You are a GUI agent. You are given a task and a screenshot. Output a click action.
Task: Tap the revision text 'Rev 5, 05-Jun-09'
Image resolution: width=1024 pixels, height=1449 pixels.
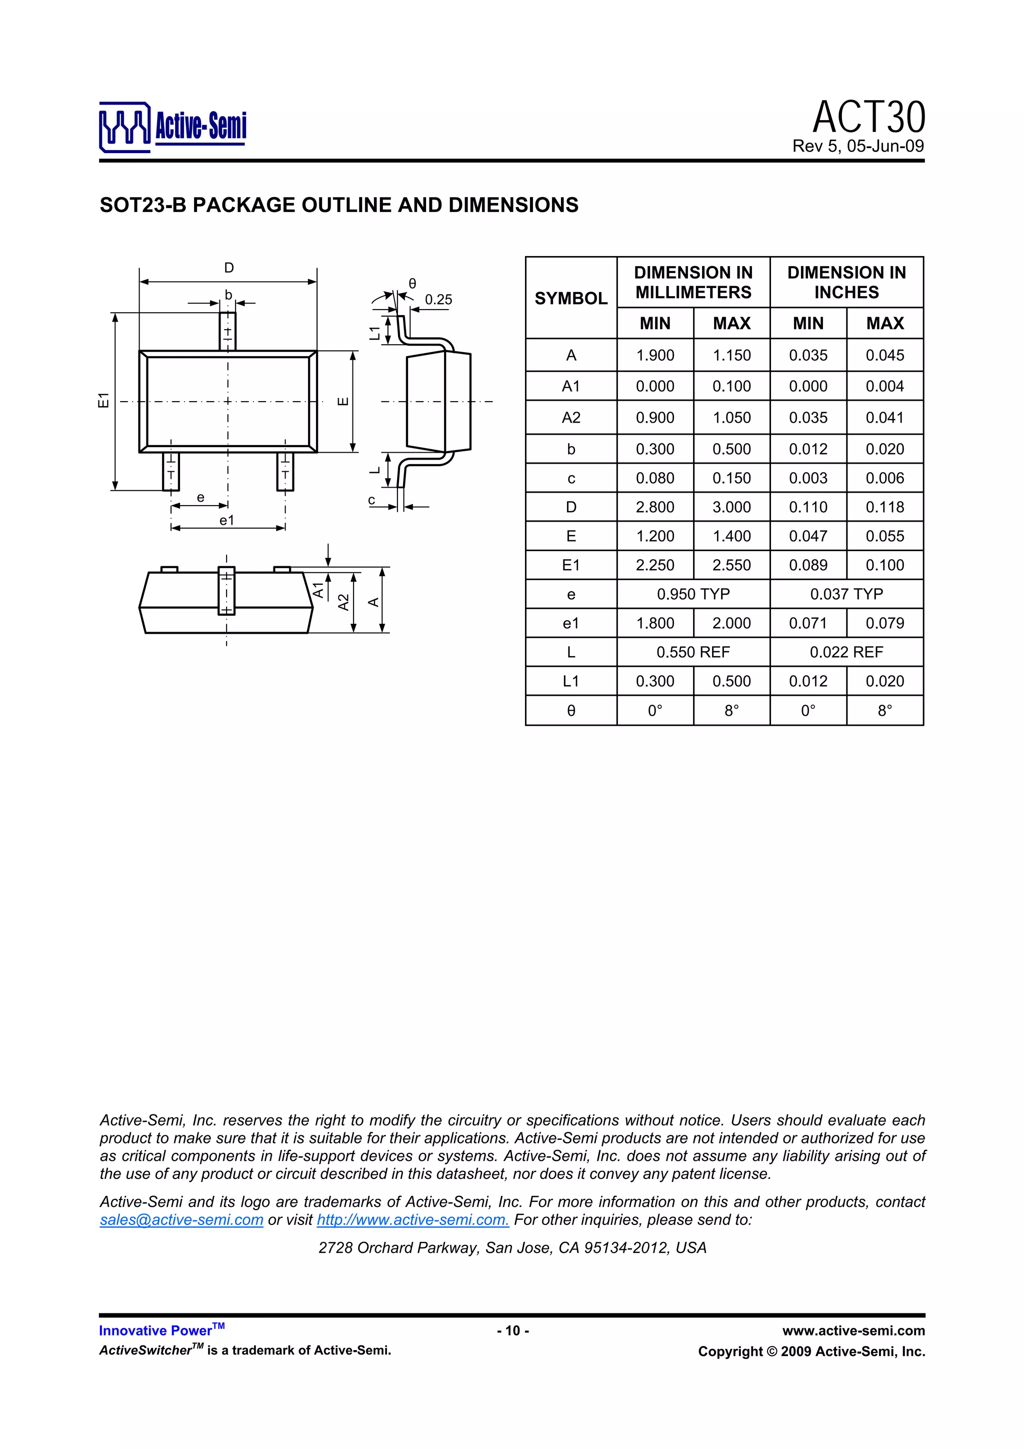(x=857, y=147)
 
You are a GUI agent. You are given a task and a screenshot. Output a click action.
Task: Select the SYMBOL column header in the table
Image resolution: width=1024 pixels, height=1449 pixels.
(x=570, y=298)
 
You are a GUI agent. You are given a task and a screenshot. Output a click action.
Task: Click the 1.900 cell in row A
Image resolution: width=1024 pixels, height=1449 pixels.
(x=654, y=355)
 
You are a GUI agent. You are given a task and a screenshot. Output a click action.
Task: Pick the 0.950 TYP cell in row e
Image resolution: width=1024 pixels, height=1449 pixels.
(x=693, y=594)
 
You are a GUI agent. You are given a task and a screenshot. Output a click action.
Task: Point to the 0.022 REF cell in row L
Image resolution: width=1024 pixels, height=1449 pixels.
(x=845, y=652)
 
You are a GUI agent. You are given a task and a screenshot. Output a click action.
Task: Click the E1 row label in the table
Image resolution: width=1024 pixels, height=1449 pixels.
(x=570, y=565)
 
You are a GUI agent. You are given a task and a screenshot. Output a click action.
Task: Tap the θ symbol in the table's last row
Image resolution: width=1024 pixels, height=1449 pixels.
(x=570, y=711)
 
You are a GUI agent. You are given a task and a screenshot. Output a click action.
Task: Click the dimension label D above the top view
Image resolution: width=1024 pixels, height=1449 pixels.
(x=229, y=268)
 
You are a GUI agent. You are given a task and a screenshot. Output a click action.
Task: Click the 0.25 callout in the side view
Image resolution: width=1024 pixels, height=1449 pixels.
(x=438, y=300)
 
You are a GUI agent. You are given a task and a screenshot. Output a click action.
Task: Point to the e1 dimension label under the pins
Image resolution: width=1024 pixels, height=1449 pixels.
(x=226, y=520)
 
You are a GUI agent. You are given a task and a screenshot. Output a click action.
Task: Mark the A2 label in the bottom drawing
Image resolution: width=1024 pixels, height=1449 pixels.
(x=343, y=602)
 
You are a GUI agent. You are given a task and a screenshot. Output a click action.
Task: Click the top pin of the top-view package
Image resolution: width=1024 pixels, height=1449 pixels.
(x=228, y=331)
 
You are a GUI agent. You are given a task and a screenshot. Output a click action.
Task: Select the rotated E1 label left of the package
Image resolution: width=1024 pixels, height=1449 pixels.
(x=103, y=400)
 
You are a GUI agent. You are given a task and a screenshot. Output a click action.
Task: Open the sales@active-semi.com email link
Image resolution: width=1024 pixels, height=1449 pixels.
(x=181, y=1219)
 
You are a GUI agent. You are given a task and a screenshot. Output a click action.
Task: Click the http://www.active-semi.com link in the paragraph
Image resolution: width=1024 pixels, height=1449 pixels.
(x=412, y=1219)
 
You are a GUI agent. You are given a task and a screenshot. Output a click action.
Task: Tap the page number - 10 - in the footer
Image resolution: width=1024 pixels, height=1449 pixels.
(x=512, y=1330)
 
